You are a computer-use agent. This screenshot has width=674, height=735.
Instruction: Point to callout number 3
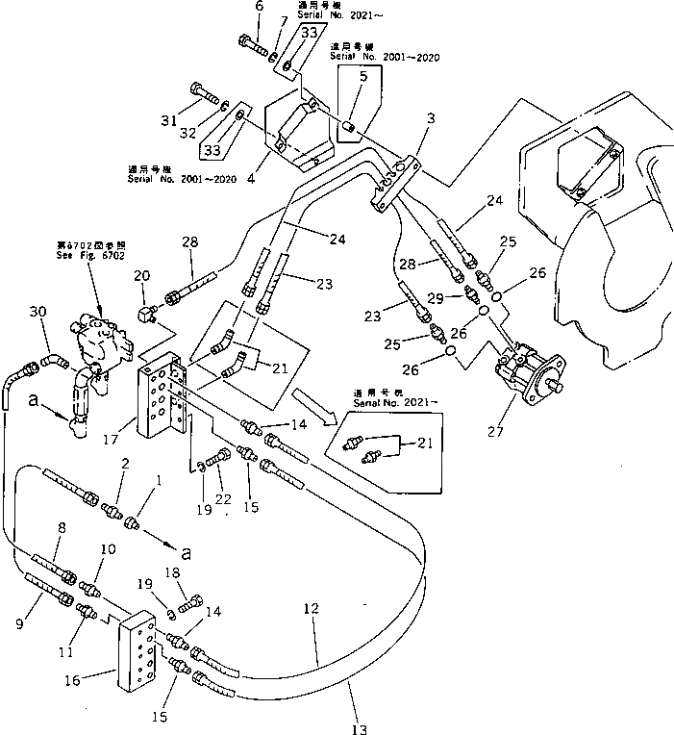coord(432,118)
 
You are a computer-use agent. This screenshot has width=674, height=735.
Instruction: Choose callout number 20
coord(142,275)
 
